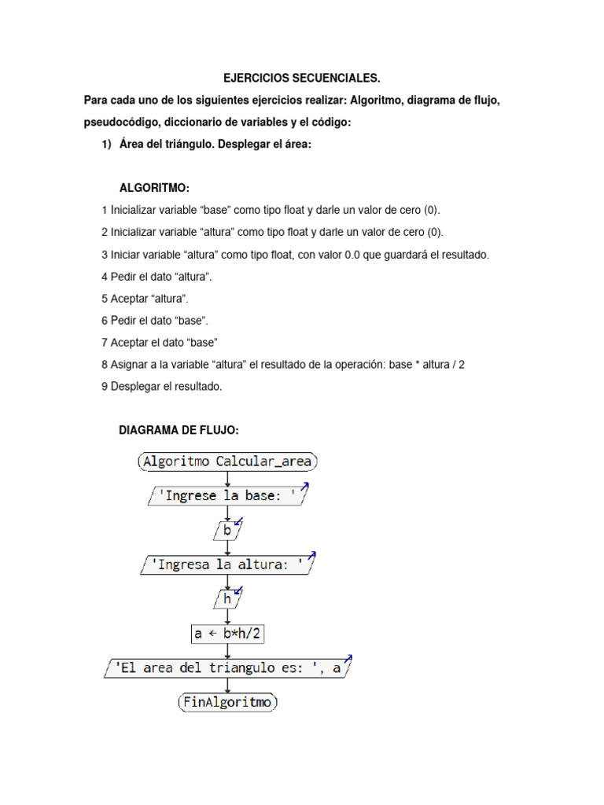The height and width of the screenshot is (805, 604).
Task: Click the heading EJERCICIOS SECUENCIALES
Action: (301, 79)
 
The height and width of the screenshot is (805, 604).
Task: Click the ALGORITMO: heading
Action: (154, 188)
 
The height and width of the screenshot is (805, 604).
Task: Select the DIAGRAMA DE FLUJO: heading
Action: (178, 430)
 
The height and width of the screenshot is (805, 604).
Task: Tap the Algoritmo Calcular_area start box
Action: (228, 461)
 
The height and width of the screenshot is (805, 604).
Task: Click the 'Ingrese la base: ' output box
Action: (227, 497)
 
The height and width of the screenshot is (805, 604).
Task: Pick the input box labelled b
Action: (227, 531)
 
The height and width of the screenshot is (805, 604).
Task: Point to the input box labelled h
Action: (227, 599)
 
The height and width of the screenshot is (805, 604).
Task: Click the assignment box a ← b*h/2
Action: (228, 634)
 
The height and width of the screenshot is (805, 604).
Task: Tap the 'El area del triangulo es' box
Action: (227, 668)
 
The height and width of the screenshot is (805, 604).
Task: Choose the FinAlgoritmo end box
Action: (227, 702)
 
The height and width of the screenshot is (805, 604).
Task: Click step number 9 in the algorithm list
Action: (105, 387)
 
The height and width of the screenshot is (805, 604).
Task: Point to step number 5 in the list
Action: (105, 299)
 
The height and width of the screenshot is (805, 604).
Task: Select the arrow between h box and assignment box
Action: (227, 616)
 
